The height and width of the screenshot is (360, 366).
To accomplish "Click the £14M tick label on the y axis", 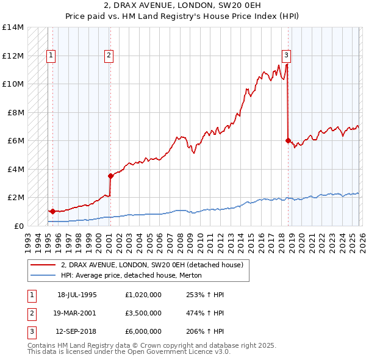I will pos(12,27).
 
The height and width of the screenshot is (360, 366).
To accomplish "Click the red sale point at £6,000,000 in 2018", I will pos(287,140).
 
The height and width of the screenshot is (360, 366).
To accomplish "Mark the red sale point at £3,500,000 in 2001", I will pos(110,176).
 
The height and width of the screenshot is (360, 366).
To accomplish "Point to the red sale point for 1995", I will pos(52,211).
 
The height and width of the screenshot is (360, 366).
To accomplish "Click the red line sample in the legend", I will pos(43,265).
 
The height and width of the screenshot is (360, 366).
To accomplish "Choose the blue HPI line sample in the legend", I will pos(43,275).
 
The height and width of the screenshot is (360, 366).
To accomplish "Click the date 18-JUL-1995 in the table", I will pos(77,294).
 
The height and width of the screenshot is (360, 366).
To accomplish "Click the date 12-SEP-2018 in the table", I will pos(77,332).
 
